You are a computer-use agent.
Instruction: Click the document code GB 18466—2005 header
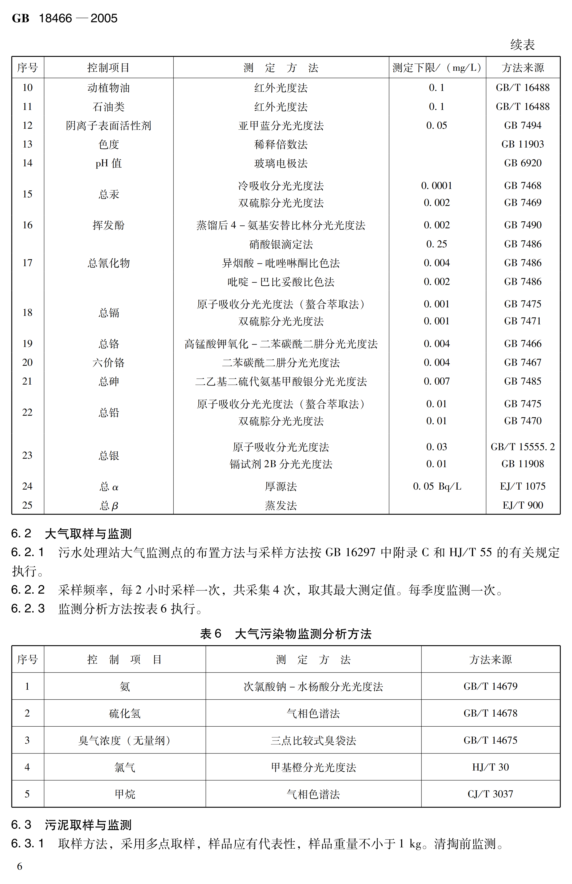click(65, 18)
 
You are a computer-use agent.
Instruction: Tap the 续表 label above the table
click(522, 45)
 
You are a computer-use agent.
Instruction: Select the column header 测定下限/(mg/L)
click(437, 68)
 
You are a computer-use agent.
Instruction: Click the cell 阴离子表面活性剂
click(108, 126)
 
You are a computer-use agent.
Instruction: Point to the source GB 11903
click(522, 144)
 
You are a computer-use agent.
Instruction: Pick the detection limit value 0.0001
click(437, 185)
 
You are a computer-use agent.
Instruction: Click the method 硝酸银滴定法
click(281, 244)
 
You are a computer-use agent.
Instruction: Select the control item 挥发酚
click(108, 225)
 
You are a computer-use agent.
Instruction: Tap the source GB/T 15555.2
click(522, 447)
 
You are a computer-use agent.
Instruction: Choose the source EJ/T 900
click(522, 505)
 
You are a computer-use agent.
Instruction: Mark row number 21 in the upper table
click(28, 381)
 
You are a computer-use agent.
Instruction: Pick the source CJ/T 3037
click(490, 794)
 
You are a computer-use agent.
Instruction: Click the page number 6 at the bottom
click(20, 866)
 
